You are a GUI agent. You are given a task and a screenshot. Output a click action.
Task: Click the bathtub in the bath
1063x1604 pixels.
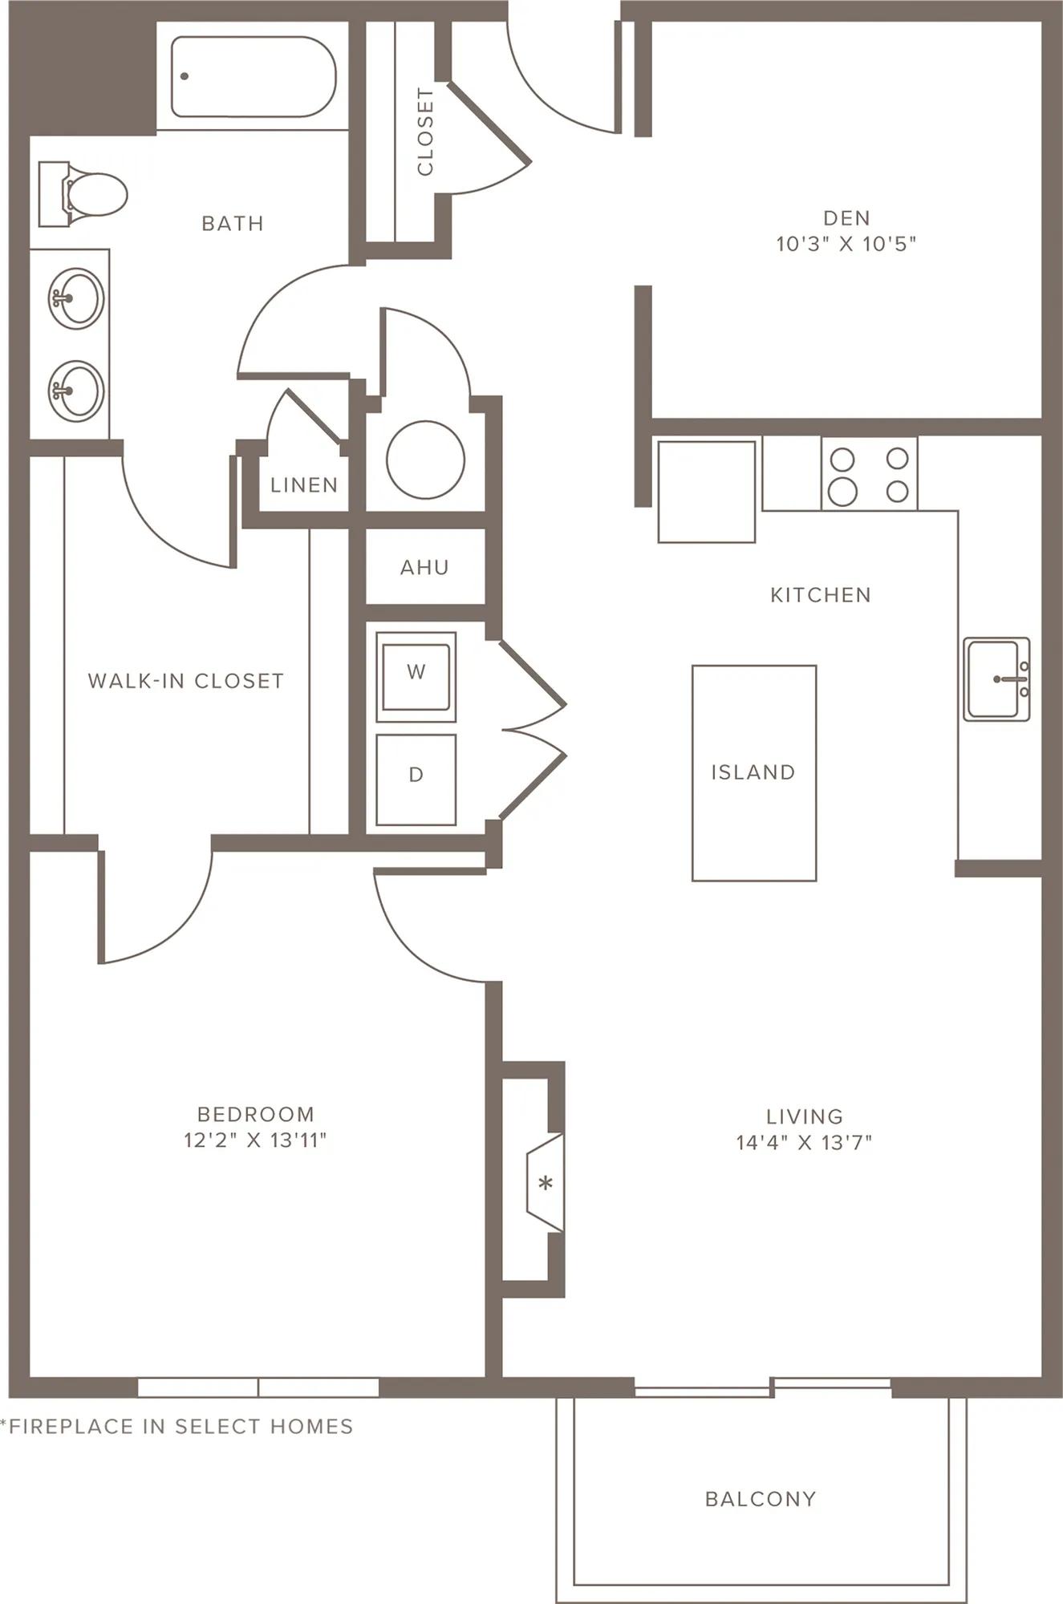click(253, 76)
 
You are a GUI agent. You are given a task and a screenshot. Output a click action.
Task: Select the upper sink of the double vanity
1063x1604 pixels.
click(75, 298)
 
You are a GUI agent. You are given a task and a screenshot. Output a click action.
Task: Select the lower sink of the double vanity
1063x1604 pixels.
click(75, 391)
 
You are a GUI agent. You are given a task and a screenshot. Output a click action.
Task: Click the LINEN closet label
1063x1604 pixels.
click(304, 484)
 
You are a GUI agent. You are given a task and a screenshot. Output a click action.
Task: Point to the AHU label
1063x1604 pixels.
click(424, 567)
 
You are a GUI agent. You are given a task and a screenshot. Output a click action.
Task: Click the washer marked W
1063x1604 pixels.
click(416, 677)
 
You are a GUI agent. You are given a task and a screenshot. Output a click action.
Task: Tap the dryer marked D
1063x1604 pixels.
click(416, 780)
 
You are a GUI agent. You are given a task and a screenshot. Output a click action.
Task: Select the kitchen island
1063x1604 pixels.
click(754, 773)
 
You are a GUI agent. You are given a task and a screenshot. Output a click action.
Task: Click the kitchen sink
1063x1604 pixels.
click(996, 678)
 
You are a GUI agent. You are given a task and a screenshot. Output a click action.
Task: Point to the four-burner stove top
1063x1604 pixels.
click(869, 473)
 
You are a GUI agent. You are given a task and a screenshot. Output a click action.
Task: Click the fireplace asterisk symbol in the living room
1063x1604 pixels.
click(546, 1183)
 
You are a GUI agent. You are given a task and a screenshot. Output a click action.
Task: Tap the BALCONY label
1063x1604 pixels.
click(761, 1499)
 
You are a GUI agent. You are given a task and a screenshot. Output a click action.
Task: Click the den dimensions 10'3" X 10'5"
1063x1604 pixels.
click(846, 244)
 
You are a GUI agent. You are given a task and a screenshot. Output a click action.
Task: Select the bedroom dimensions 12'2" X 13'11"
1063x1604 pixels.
click(255, 1140)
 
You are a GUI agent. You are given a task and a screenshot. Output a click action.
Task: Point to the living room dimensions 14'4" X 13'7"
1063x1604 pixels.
click(804, 1142)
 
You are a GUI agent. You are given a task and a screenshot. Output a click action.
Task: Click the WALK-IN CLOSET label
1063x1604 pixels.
click(186, 681)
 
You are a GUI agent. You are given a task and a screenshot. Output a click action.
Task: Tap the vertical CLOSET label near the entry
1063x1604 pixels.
click(425, 132)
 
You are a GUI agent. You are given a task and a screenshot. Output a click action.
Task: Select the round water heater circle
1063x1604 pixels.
click(425, 460)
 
